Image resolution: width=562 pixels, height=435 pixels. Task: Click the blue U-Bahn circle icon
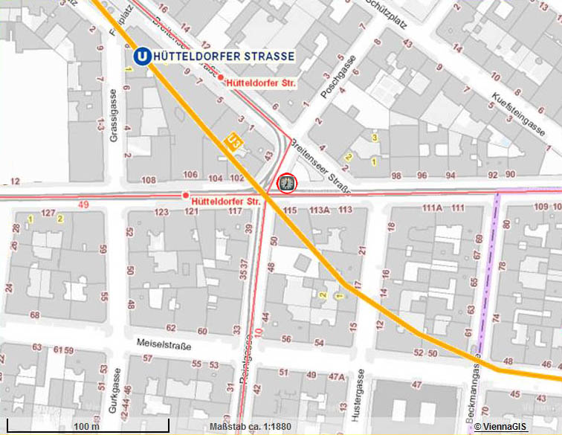(x=140, y=57)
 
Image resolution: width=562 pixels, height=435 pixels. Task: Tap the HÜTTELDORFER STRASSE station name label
(x=222, y=57)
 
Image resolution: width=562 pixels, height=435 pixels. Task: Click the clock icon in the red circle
(x=286, y=182)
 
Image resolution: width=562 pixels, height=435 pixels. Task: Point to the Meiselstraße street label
(x=164, y=346)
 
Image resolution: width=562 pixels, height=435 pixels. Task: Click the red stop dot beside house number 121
(x=185, y=196)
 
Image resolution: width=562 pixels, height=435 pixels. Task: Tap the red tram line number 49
(x=83, y=204)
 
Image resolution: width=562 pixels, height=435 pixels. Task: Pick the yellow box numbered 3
(x=375, y=138)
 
